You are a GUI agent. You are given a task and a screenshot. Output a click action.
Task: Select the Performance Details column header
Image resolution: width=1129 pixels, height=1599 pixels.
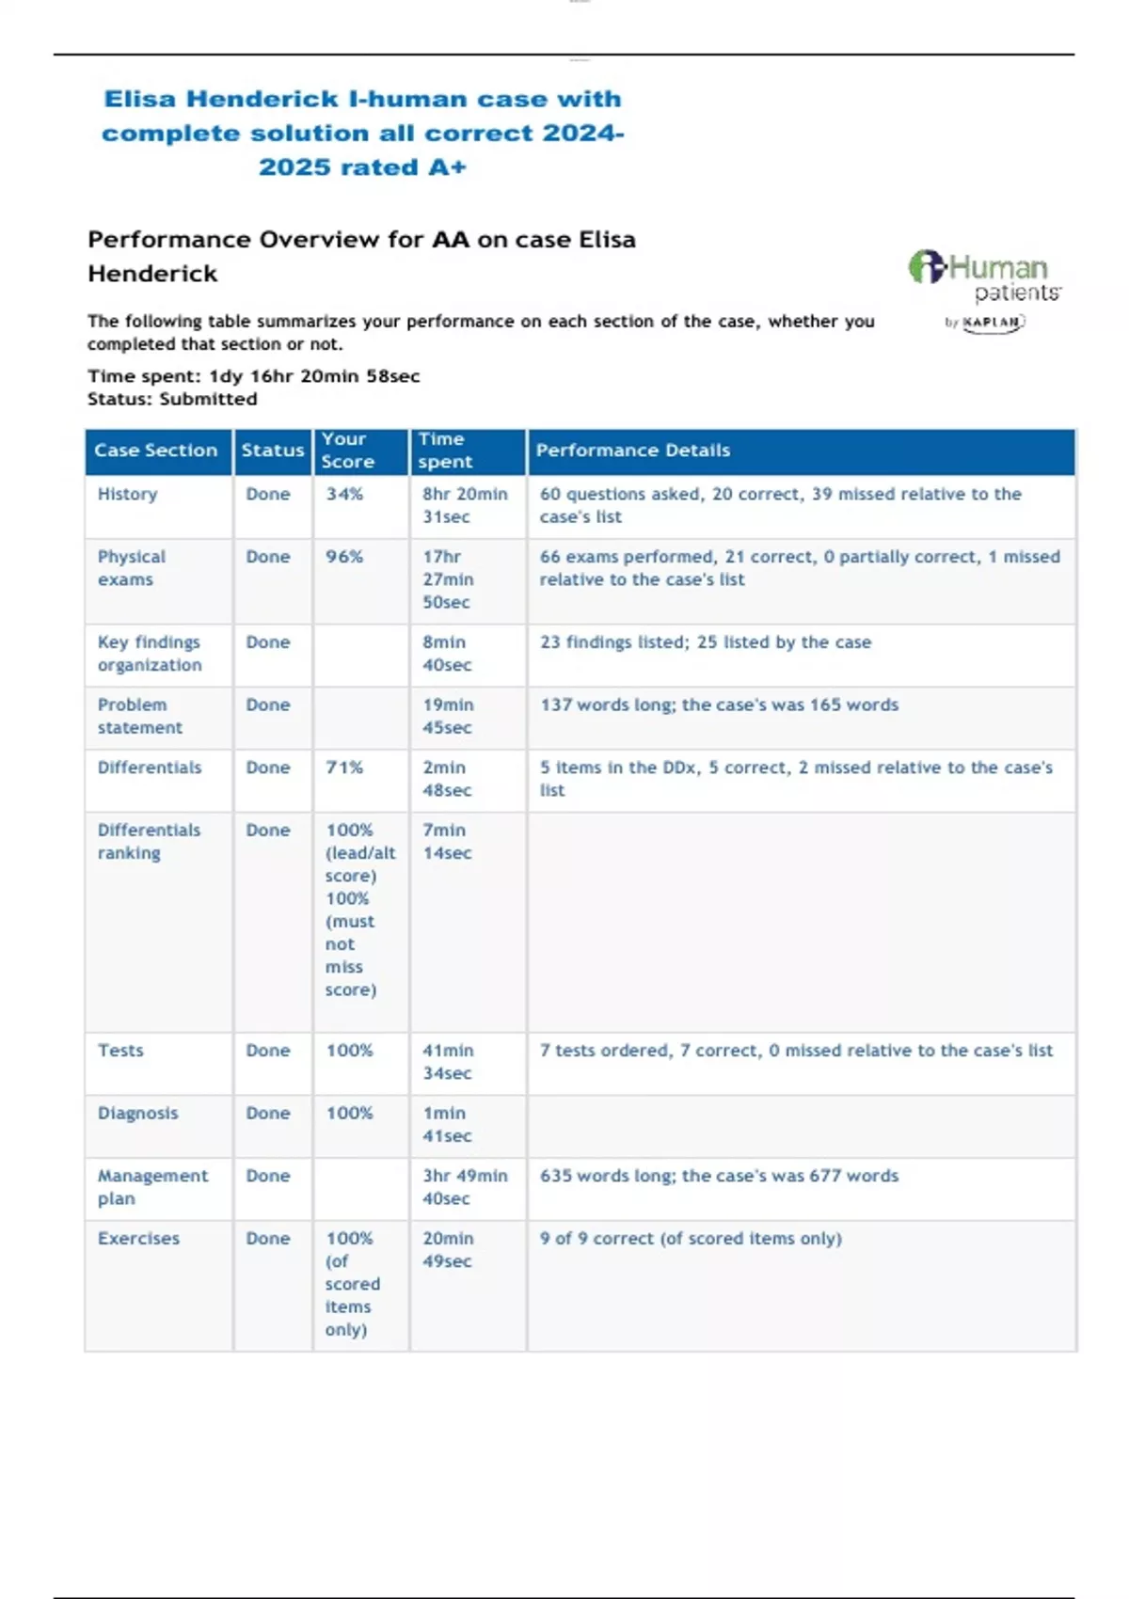coord(632,451)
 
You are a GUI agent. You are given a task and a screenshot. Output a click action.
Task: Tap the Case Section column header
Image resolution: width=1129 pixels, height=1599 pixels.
coord(155,451)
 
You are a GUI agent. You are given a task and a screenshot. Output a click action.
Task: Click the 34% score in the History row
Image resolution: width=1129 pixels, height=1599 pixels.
coord(344,494)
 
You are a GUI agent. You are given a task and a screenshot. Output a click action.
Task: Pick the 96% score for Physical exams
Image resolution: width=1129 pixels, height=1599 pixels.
coord(344,557)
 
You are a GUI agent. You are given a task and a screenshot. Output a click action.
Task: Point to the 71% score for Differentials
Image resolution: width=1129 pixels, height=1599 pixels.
coord(344,768)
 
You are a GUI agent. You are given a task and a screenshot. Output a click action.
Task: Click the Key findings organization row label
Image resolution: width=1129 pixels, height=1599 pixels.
coord(150,654)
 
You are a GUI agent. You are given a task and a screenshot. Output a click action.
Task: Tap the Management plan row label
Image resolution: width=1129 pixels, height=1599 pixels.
coord(152,1187)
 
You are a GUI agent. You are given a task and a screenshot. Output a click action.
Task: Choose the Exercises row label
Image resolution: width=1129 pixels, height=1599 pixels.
coord(138,1239)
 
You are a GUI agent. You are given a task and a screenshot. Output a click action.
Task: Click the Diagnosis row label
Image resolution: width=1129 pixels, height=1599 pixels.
coord(137,1114)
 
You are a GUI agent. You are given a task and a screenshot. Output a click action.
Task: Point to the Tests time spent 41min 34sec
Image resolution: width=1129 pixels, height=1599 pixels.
coord(448,1062)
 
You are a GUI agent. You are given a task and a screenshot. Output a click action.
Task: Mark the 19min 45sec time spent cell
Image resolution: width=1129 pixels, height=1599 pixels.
coord(448,716)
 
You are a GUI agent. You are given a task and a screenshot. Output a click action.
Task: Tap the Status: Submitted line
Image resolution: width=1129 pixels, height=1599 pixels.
coord(172,399)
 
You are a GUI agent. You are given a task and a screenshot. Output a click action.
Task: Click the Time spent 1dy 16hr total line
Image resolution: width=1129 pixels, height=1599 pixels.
coord(254,376)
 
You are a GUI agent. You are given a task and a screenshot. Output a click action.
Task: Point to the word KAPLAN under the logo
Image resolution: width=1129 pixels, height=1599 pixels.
coord(992,323)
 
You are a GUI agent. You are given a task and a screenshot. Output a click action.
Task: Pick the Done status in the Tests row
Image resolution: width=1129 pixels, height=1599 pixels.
coord(268,1051)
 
